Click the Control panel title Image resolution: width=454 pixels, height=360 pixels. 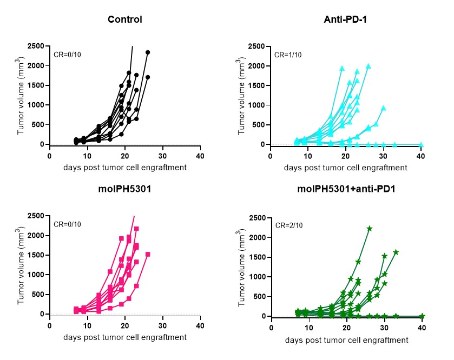click(124, 20)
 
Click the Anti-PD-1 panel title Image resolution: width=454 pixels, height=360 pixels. click(346, 20)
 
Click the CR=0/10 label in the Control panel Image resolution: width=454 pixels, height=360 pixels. click(67, 55)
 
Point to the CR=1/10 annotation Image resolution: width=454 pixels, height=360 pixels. click(288, 55)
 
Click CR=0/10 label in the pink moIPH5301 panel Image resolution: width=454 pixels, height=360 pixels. click(67, 224)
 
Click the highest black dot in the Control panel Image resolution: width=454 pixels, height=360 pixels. click(148, 52)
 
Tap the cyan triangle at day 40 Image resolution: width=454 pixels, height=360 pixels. click(421, 145)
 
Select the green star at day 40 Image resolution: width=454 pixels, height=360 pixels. click(422, 316)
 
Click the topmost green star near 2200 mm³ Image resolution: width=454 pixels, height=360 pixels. click(370, 229)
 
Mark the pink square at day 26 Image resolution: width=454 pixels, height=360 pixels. click(148, 254)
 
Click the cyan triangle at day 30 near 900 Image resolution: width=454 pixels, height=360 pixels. click(384, 108)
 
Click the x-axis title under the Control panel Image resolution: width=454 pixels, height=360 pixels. click(124, 168)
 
